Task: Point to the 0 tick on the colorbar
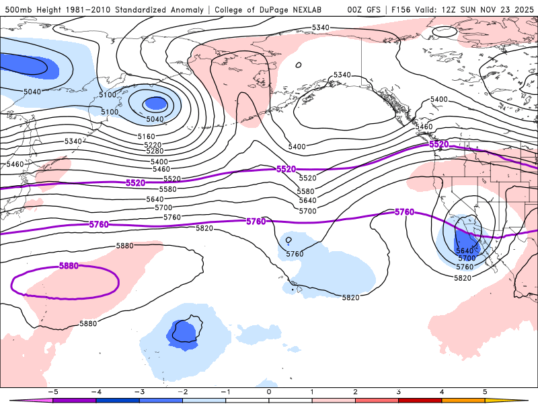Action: (x=268, y=391)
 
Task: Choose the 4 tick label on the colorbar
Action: (x=442, y=391)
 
